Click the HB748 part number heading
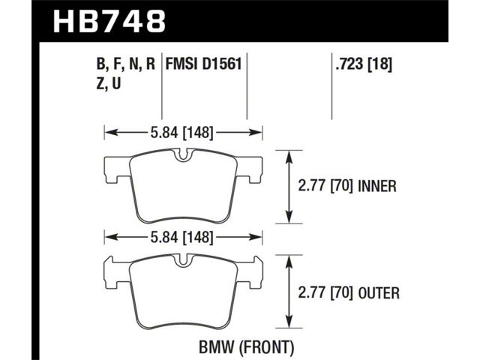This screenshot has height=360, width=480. (109, 21)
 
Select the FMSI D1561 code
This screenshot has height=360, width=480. (203, 64)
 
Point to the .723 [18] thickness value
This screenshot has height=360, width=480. (364, 64)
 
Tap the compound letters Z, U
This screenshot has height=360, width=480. (109, 83)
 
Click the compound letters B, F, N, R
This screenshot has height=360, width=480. (126, 64)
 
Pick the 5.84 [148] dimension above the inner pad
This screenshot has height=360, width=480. (181, 133)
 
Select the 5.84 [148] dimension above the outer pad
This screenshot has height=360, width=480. (181, 237)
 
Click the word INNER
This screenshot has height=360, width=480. (377, 186)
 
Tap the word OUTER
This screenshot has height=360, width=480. (379, 293)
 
